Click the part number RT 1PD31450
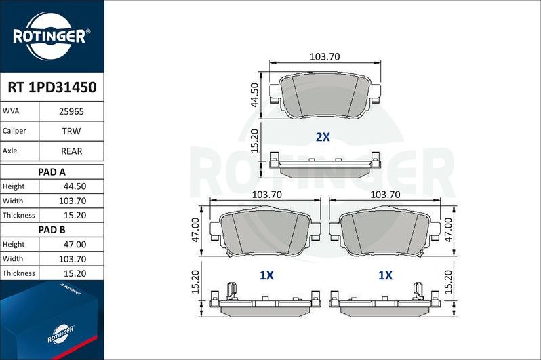(52, 87)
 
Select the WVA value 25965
(72, 111)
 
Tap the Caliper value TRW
(72, 130)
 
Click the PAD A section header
(52, 172)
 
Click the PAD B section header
(52, 230)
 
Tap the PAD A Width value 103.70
(72, 201)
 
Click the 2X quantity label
(323, 137)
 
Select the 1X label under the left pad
(266, 275)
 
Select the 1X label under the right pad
(385, 275)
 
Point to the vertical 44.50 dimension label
(254, 96)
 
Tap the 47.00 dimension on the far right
(449, 231)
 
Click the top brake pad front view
(325, 95)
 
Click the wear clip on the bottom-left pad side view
(231, 292)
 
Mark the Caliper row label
(15, 130)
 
